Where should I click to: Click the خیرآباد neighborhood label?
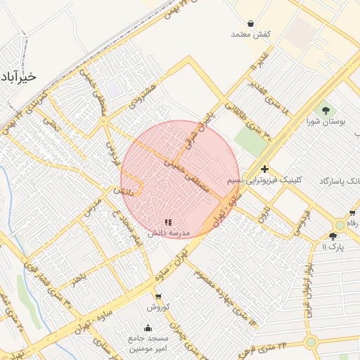pos(18,76)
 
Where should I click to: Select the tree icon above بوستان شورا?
pos(325,110)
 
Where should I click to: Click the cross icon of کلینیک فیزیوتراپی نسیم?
pos(264,169)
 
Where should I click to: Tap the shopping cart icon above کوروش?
pos(157,297)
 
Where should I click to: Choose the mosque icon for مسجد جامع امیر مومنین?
pos(147,327)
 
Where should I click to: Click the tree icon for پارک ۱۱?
pos(333,237)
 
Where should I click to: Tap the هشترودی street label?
pos(146,94)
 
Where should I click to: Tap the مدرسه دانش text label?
pos(167,232)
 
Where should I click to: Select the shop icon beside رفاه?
pos(352,213)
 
